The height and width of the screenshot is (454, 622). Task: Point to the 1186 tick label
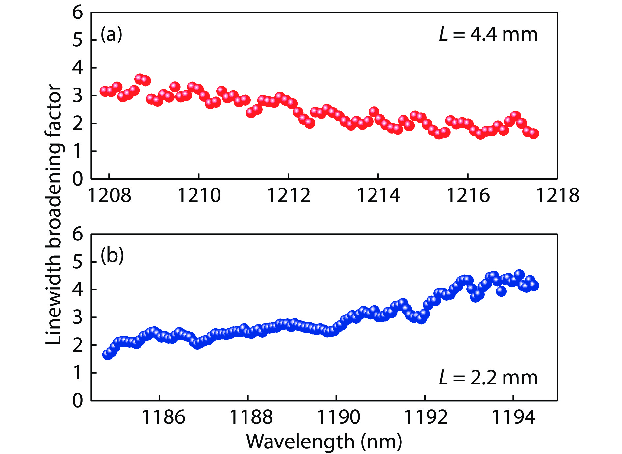tap(164, 417)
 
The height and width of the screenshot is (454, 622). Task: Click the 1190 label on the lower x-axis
tap(339, 417)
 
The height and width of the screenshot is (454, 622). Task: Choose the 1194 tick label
tap(513, 417)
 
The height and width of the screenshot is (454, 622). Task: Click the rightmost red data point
tap(534, 134)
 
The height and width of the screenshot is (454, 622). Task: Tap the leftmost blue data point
tap(107, 355)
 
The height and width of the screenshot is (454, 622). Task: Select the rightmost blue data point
tap(534, 285)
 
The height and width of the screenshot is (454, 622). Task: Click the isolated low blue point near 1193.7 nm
tap(501, 291)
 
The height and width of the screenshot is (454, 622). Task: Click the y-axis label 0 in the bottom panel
tap(78, 400)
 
